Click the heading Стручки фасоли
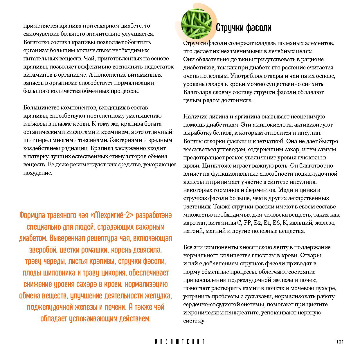pyautogui.click(x=243, y=28)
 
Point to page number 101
pyautogui.click(x=340, y=342)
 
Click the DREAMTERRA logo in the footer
pyautogui.click(x=180, y=342)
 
